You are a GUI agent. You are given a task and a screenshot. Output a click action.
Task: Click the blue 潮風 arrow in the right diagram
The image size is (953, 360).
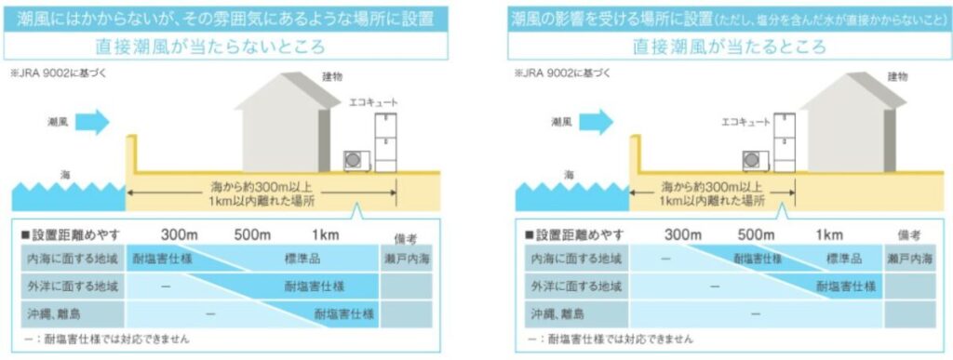pos(596,122)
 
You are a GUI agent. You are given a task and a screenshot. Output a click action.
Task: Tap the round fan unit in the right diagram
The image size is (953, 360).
pos(754,161)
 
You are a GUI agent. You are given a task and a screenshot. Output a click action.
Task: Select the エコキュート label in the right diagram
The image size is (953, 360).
pos(745,122)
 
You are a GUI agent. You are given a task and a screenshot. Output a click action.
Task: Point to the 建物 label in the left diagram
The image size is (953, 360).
pos(332,77)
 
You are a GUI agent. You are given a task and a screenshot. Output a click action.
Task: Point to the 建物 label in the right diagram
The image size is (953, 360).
pos(898,77)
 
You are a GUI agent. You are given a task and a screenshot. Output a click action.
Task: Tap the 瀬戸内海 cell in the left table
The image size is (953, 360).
pos(407,260)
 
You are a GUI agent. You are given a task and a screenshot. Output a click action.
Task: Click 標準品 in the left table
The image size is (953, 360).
pos(302,260)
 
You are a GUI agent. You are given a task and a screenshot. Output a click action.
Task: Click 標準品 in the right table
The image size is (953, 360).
pos(844,260)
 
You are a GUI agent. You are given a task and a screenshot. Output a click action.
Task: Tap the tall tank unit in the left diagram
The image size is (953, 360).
pos(386,143)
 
